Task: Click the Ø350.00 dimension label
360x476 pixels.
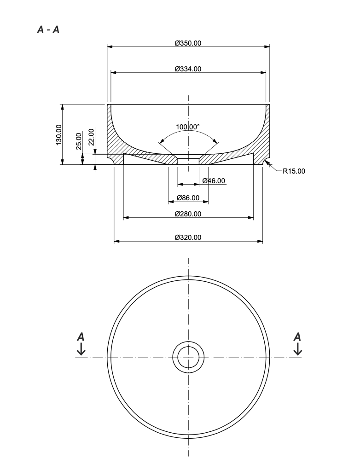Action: pyautogui.click(x=188, y=43)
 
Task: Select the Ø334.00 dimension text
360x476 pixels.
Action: pyautogui.click(x=188, y=69)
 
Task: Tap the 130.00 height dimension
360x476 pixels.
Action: pyautogui.click(x=58, y=134)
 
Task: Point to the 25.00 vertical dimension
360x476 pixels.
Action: pyautogui.click(x=79, y=141)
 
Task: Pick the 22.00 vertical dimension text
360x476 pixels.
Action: pyautogui.click(x=91, y=137)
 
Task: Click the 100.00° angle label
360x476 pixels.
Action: pyautogui.click(x=188, y=127)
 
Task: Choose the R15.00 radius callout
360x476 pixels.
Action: pyautogui.click(x=294, y=171)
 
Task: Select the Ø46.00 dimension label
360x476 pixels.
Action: pyautogui.click(x=214, y=181)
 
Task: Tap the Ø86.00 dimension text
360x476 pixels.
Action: pyautogui.click(x=188, y=198)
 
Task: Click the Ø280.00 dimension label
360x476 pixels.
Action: pyautogui.click(x=188, y=214)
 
